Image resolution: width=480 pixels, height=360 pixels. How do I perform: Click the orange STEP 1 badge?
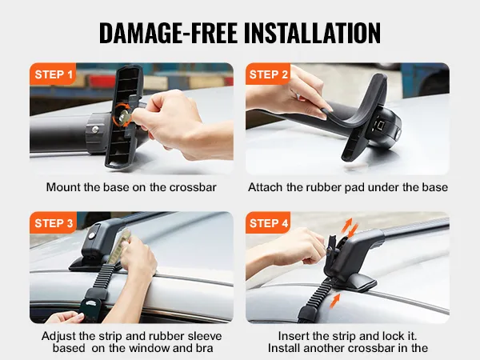click(x=53, y=74)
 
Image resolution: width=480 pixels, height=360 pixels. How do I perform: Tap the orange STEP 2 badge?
click(x=268, y=74)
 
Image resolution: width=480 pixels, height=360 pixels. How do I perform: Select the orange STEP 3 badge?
click(x=53, y=222)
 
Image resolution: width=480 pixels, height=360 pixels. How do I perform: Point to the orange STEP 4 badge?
click(x=268, y=222)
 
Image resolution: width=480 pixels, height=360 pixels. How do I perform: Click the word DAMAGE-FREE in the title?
click(x=168, y=33)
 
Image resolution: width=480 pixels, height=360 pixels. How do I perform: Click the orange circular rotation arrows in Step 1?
click(x=122, y=114)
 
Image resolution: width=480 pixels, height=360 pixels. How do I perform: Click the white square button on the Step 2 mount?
click(x=381, y=125)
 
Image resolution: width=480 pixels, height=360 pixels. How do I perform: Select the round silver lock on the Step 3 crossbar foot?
click(x=91, y=236)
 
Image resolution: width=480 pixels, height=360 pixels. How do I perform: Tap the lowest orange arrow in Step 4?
click(x=335, y=300)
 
